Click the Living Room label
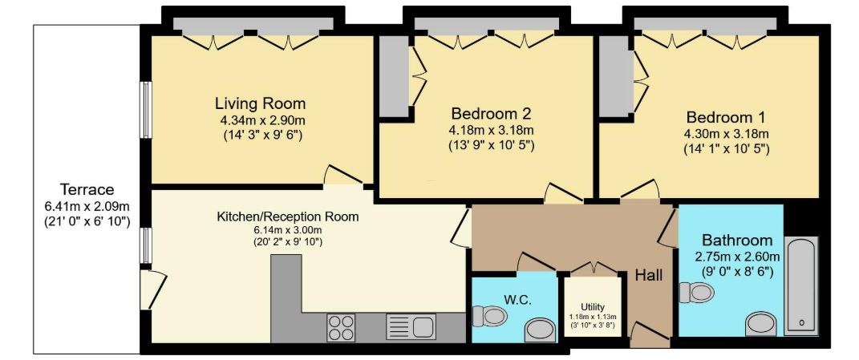pos(260,103)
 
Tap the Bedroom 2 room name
pos(491,113)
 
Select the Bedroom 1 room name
pos(726,117)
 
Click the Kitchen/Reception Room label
pos(288,216)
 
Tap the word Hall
pos(649,275)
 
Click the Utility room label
pos(593,307)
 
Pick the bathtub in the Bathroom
pos(801,285)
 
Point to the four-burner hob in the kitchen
pos(341,327)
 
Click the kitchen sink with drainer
pos(411,327)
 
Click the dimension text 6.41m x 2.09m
pos(87,206)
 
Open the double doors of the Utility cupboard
pos(593,268)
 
